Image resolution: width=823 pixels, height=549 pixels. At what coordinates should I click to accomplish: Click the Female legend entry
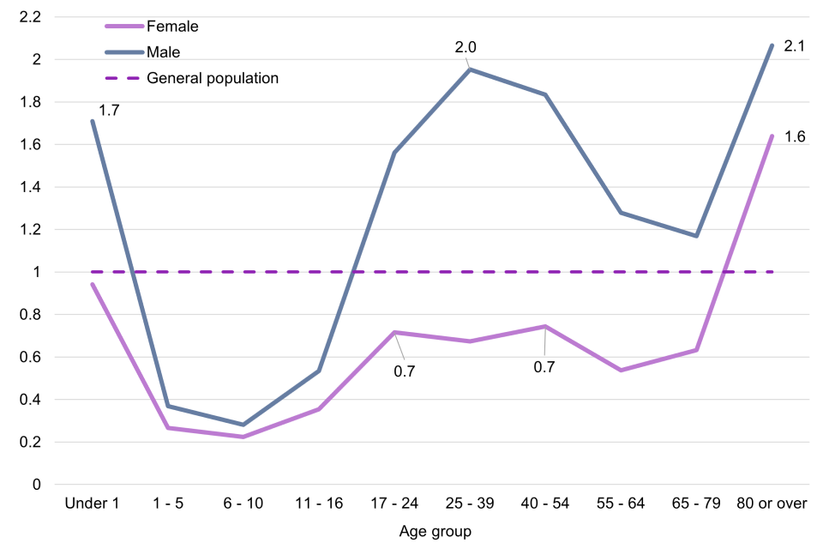(x=172, y=27)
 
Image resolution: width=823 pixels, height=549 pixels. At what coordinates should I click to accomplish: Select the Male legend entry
(x=164, y=52)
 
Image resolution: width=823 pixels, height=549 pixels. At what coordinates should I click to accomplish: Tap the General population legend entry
(x=213, y=78)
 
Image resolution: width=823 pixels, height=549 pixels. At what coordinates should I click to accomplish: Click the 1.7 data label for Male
(x=109, y=110)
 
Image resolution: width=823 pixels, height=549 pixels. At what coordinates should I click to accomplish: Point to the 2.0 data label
(x=466, y=46)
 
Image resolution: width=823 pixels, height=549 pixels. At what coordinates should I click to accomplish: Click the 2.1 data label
(x=795, y=45)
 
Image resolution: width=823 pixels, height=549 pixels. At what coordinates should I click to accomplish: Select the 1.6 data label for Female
(x=795, y=136)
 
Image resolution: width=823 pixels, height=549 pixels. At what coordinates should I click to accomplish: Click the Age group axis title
(x=436, y=532)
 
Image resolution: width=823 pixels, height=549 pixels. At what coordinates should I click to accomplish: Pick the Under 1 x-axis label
(x=92, y=504)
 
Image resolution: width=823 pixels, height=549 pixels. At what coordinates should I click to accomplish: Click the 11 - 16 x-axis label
(x=318, y=504)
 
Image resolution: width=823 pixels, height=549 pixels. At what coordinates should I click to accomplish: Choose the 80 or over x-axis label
(x=772, y=504)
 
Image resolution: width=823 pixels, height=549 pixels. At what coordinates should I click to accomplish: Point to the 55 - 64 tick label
(x=621, y=504)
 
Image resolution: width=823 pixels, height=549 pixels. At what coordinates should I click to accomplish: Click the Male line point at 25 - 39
(x=470, y=69)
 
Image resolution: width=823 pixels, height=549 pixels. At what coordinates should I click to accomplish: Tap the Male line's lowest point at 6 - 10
(x=243, y=425)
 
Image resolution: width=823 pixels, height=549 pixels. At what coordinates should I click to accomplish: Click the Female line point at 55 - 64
(x=621, y=370)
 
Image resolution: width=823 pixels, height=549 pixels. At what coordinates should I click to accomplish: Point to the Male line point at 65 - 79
(x=696, y=236)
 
